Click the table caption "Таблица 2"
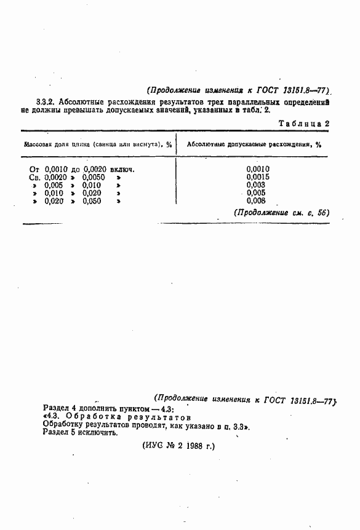click(304, 123)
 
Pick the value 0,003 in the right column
click(255, 184)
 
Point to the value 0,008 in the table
click(255, 200)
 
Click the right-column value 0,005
click(255, 192)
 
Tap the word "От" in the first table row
click(35, 168)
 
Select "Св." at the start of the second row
click(35, 176)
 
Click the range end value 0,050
click(92, 200)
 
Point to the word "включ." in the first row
click(122, 168)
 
